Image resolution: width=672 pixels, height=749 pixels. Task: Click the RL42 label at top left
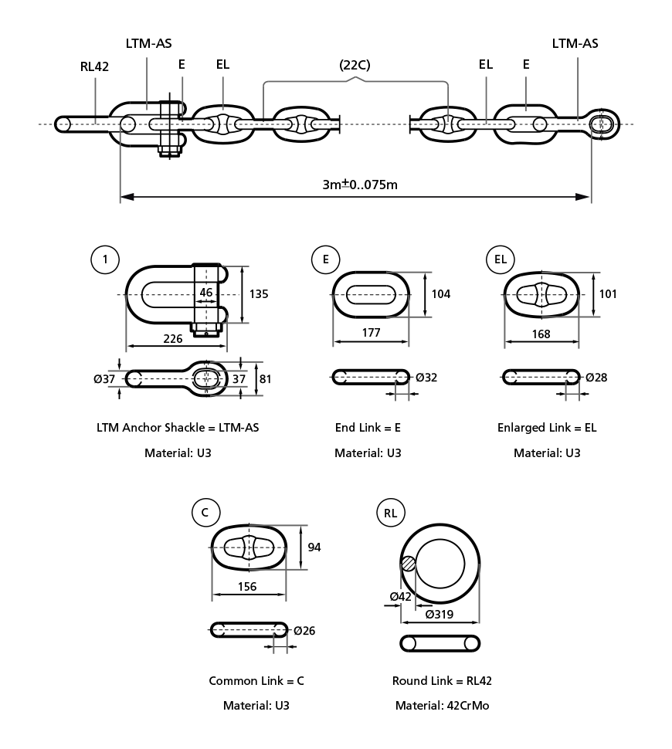coord(94,66)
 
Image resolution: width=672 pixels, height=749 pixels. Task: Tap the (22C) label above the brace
coord(355,65)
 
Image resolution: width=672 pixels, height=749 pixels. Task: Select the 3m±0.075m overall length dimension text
coord(360,185)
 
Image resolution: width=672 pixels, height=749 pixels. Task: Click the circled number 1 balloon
coord(105,259)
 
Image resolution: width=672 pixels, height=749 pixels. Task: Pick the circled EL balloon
coord(501,259)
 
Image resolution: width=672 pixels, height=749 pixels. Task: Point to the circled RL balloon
coord(391,513)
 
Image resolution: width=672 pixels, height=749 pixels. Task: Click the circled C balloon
coord(205,512)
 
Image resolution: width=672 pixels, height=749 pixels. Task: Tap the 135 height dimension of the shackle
coord(259,294)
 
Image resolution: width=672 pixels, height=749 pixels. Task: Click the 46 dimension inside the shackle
coord(205,293)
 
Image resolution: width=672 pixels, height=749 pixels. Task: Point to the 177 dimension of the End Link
coord(371,333)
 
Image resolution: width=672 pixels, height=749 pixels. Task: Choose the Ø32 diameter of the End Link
coord(426,378)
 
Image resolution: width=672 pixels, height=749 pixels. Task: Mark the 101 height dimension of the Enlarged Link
coord(608,294)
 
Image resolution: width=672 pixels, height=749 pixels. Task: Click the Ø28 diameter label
coord(596,378)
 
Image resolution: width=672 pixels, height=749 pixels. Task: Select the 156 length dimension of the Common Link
coord(247,587)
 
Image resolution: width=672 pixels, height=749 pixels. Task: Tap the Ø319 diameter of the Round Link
coord(440,615)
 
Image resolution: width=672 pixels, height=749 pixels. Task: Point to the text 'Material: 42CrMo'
coord(442,706)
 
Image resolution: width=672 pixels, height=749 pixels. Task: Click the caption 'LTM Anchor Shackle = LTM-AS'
coord(178,428)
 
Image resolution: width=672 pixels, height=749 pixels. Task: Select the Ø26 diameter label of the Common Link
coord(304,631)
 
